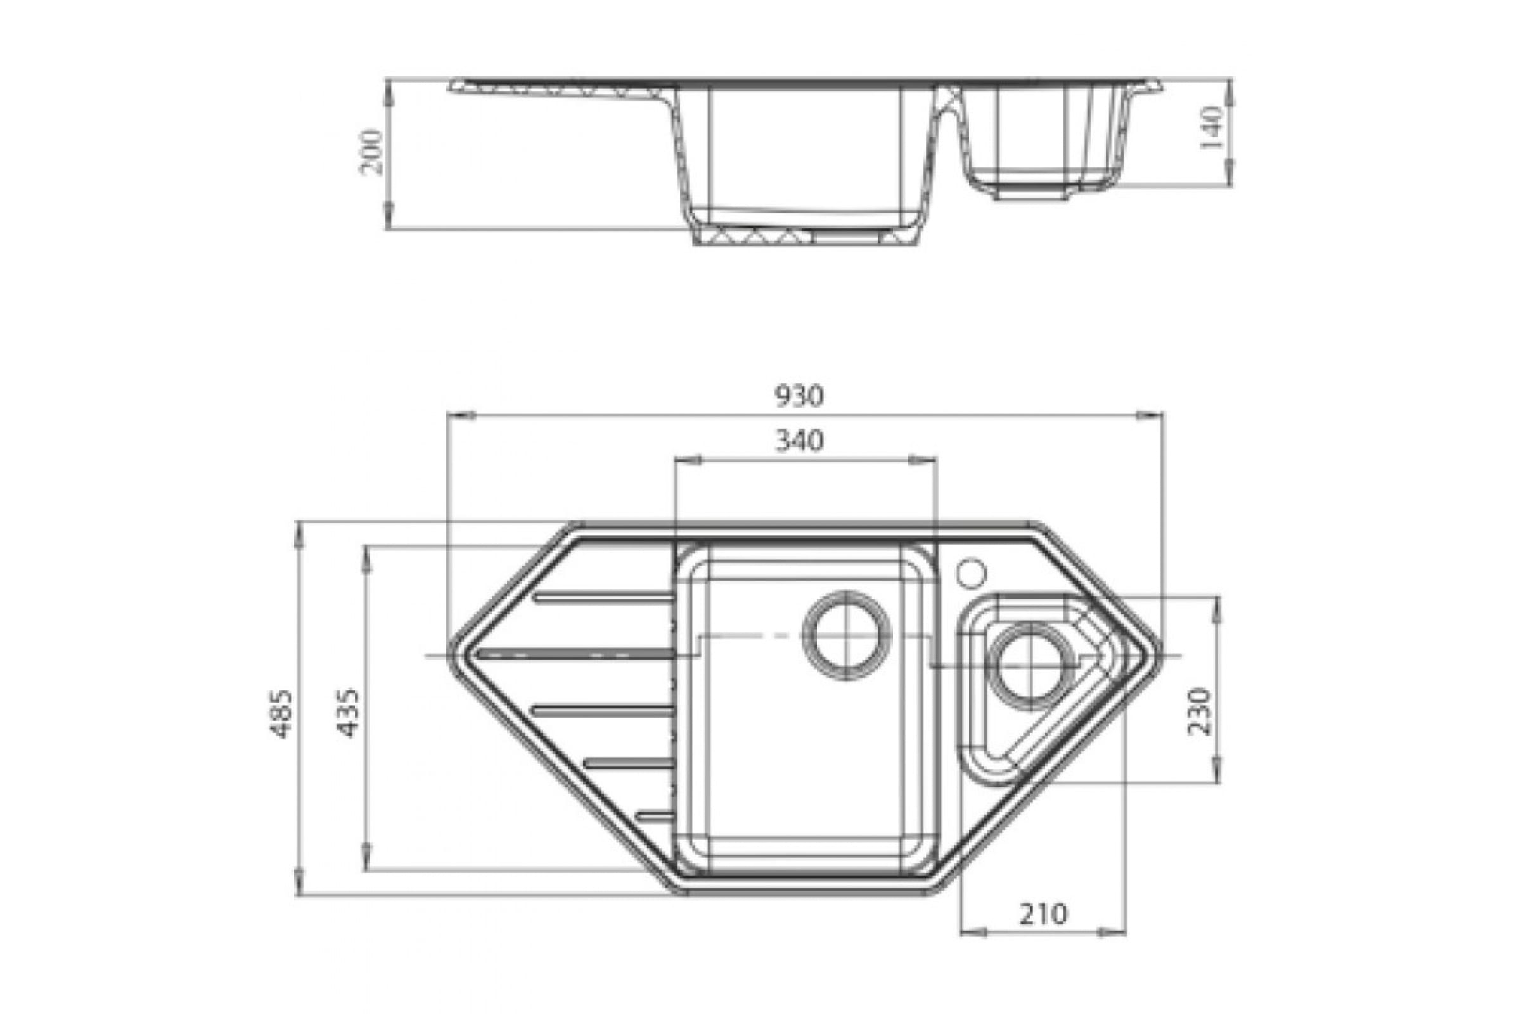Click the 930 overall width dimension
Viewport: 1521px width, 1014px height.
[799, 395]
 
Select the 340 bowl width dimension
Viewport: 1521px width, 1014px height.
[799, 440]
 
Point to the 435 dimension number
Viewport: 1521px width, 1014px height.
[349, 714]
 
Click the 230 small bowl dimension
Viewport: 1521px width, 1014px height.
[1200, 711]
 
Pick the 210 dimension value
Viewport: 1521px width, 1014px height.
[1044, 914]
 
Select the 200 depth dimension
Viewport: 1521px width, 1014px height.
[372, 152]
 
